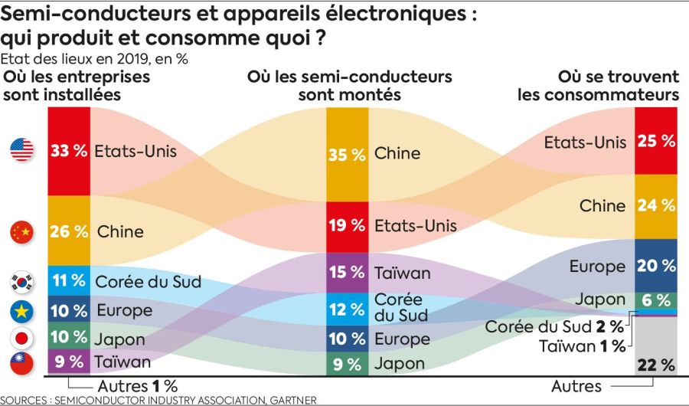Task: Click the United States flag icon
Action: coord(21,150)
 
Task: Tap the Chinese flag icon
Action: coord(21,231)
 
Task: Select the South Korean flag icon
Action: coord(21,282)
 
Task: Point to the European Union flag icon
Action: coord(21,311)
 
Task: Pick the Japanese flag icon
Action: coord(21,337)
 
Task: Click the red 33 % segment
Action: coord(69,150)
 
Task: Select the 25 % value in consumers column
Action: coord(657,141)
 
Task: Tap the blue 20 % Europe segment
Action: coord(657,266)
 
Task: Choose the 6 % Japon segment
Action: coord(657,300)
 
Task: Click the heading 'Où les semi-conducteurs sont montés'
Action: coord(349,86)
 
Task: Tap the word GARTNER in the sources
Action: coord(287,400)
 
